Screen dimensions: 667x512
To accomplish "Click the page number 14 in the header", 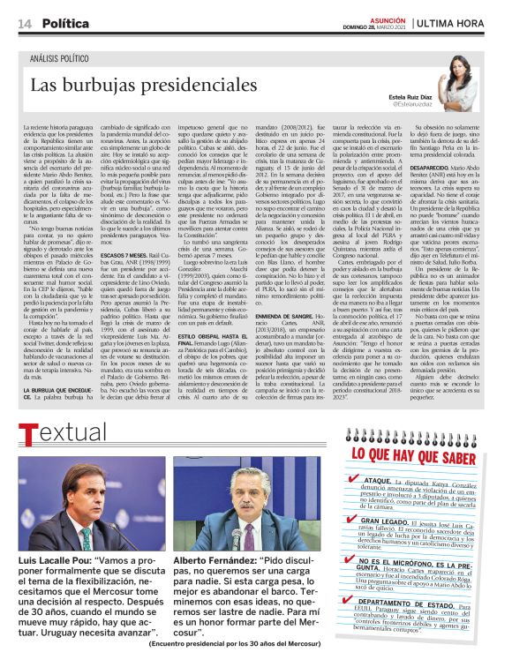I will point(24,23).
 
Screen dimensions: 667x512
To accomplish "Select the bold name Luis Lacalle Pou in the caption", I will point(49,561).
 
